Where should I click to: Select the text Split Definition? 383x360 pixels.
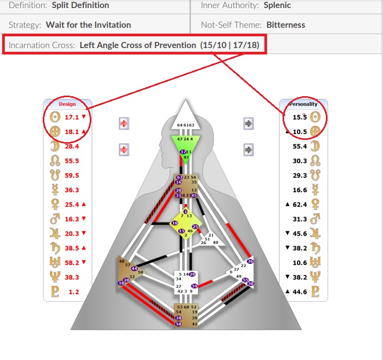[81, 5]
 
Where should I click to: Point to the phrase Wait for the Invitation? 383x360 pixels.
[88, 25]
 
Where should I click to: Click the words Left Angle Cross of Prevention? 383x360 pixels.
[138, 45]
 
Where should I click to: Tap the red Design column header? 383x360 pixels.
[67, 104]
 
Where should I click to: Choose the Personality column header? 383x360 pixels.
[303, 104]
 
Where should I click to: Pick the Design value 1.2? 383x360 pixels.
[73, 292]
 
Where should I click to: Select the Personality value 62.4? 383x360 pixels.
[300, 204]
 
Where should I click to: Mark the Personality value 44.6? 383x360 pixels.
[300, 292]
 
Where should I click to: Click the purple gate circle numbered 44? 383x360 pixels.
[134, 269]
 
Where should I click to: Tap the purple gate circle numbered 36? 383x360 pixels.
[250, 261]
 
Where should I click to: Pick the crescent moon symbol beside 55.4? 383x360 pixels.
[315, 146]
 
